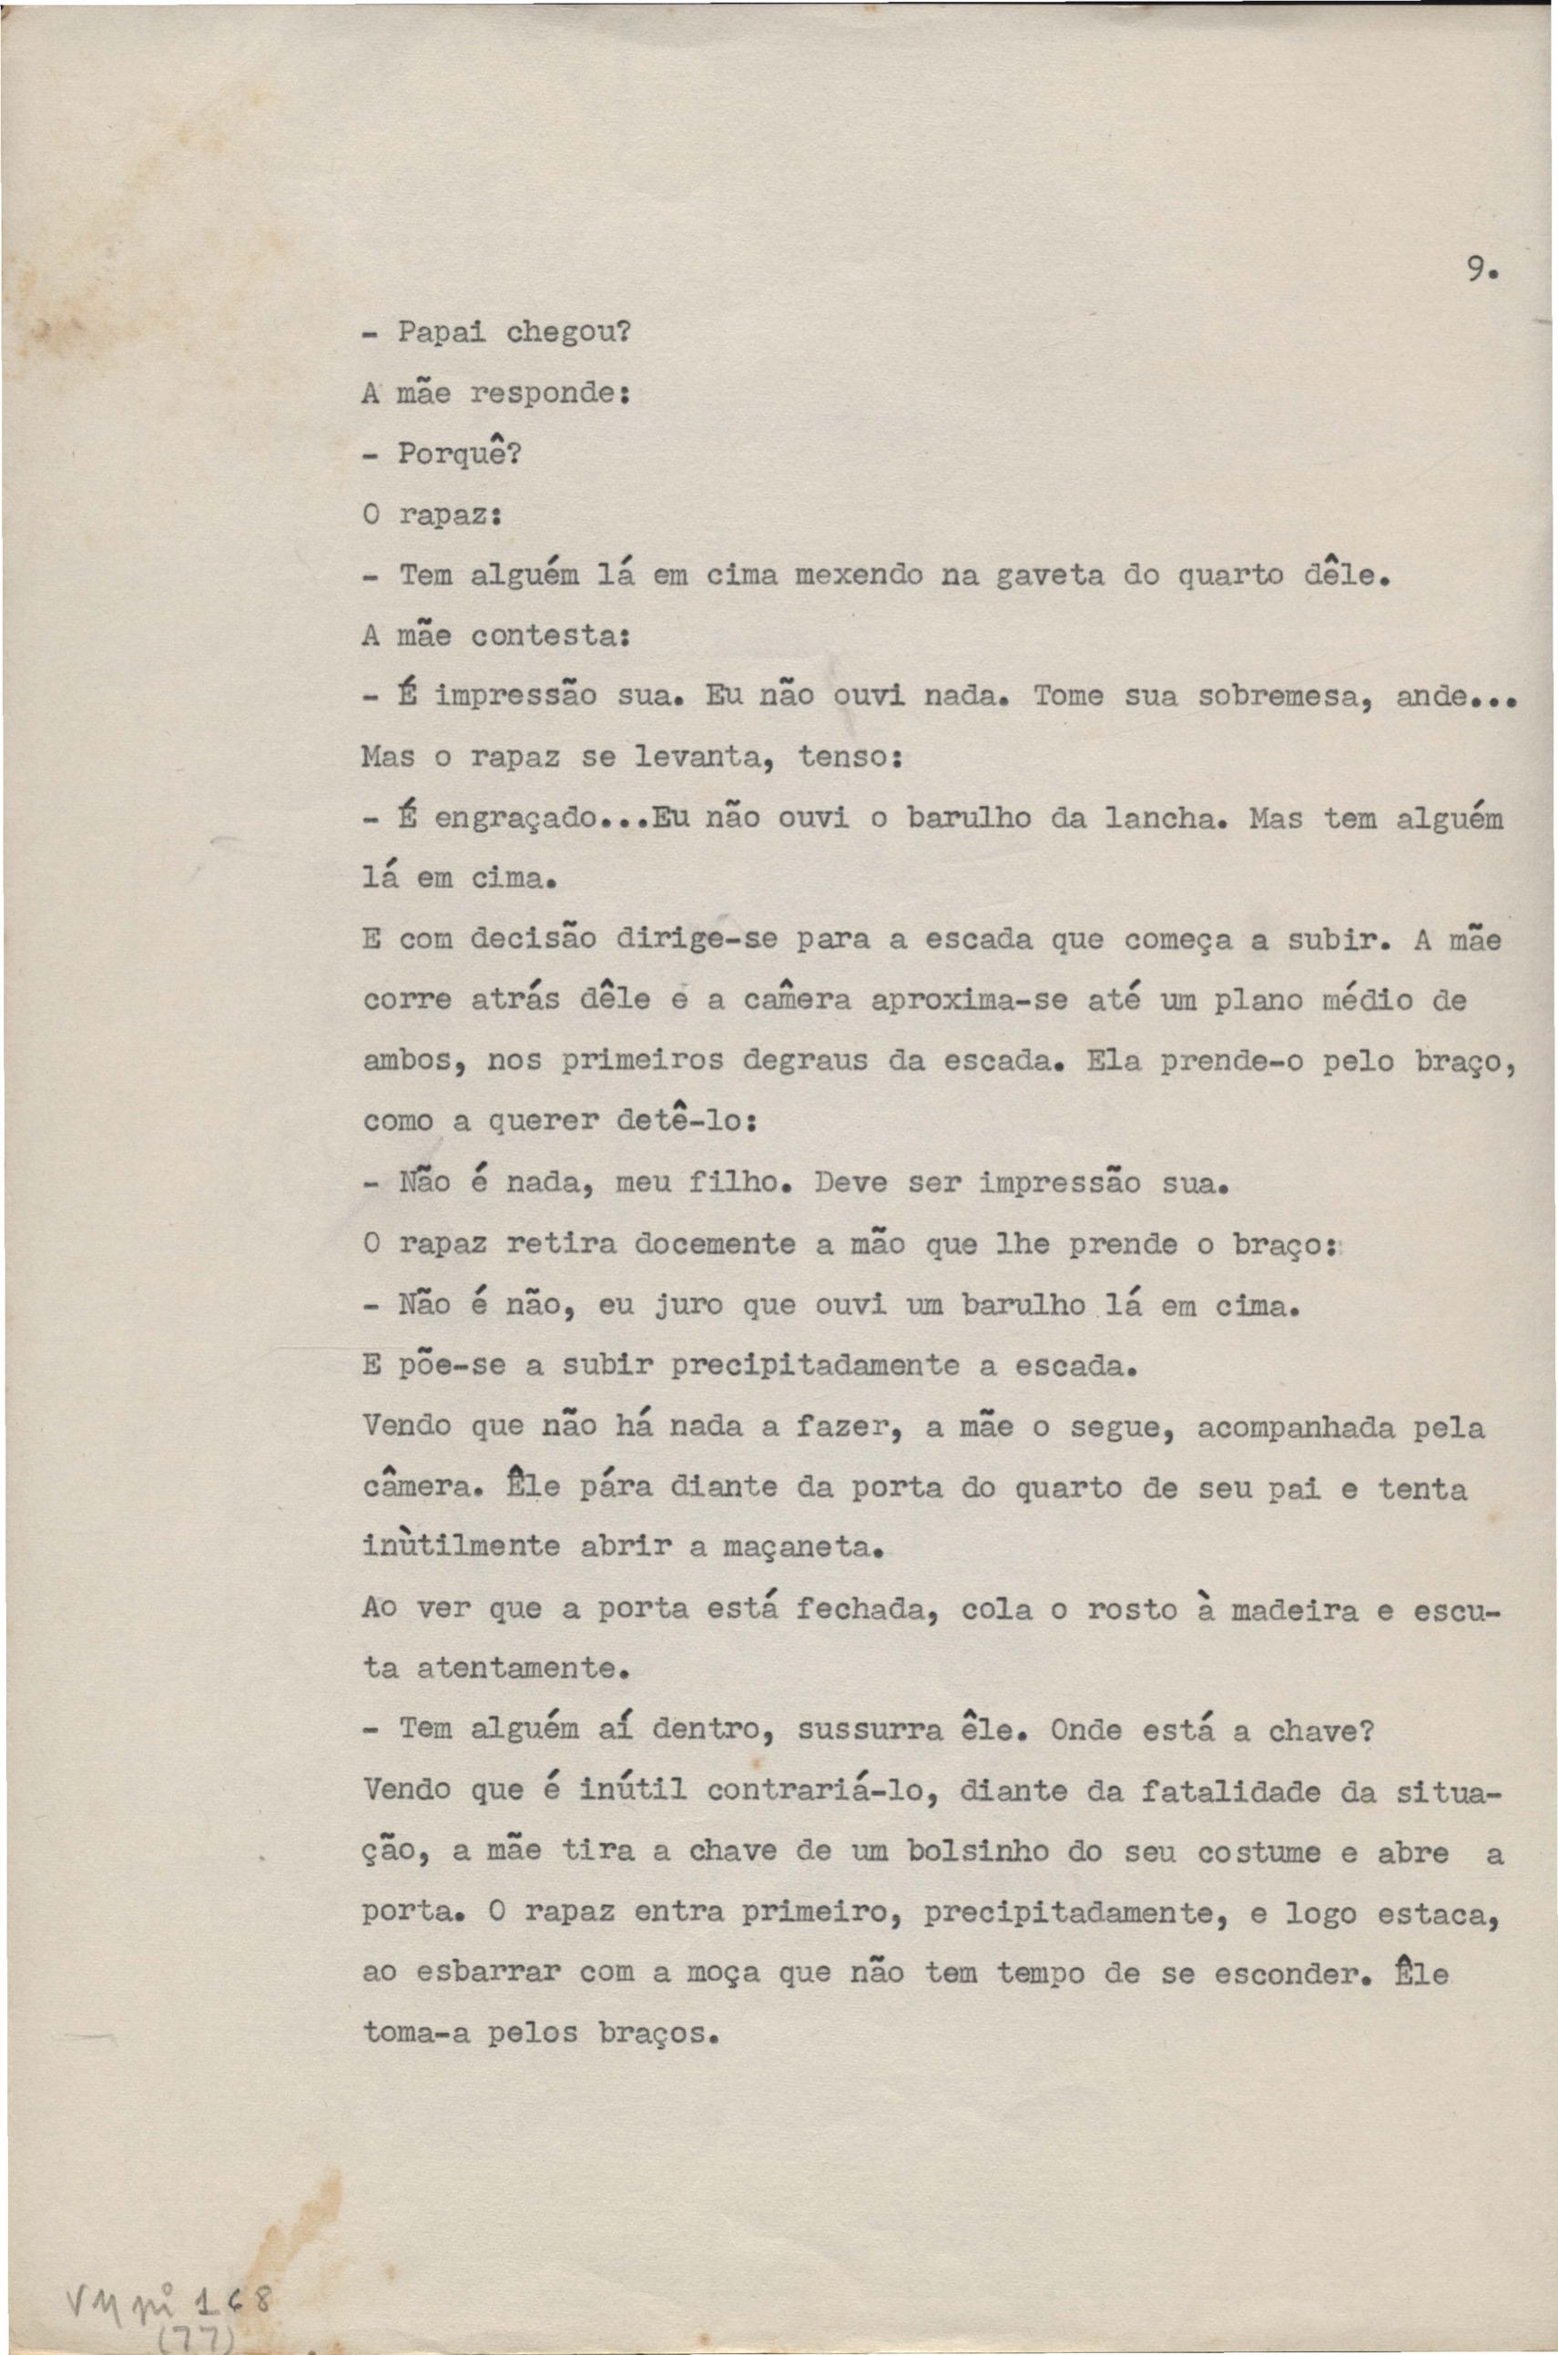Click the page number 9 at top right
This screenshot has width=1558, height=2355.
tap(1479, 270)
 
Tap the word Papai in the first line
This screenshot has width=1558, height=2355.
tap(433, 333)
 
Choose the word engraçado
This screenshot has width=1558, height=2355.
tap(515, 819)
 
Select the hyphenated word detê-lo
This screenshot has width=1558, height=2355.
tap(687, 1121)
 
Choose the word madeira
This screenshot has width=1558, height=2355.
tap(1294, 1610)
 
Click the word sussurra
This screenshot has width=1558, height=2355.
tap(871, 1730)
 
